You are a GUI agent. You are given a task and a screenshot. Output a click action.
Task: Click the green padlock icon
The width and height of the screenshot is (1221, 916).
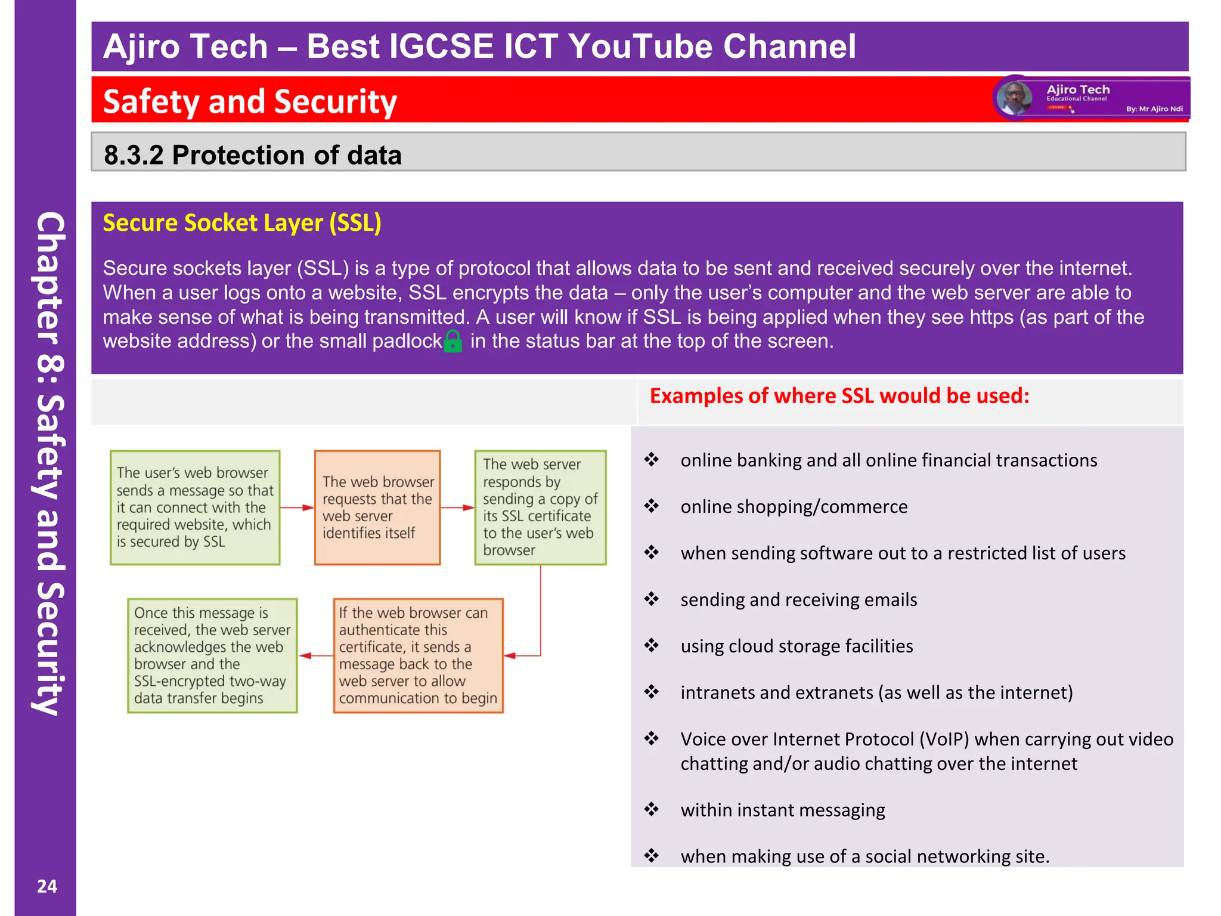(453, 341)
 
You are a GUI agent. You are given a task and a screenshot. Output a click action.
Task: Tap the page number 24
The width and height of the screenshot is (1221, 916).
(47, 886)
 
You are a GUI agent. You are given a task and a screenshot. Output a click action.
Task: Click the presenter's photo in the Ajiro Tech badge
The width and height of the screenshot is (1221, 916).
(1014, 98)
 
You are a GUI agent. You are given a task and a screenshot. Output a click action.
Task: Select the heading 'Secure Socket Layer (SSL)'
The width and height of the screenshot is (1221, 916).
(242, 223)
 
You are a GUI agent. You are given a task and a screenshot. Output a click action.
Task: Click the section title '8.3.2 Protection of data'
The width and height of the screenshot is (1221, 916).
(253, 155)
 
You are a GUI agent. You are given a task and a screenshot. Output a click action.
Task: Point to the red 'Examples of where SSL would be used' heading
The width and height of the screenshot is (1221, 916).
(839, 396)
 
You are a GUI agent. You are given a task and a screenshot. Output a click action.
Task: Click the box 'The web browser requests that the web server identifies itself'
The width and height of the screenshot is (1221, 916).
(377, 507)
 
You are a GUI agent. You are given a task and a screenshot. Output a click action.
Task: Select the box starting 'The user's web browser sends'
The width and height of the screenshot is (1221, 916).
(195, 507)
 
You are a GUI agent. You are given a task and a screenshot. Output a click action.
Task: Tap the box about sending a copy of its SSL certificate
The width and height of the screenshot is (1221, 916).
(540, 507)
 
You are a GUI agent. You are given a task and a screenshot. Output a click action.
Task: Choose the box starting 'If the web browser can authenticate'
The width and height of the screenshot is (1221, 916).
(418, 655)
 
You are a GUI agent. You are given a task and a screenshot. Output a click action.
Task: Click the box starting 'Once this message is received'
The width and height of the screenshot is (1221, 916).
(212, 655)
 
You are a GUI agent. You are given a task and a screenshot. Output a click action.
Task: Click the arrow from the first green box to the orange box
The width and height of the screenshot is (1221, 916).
(297, 507)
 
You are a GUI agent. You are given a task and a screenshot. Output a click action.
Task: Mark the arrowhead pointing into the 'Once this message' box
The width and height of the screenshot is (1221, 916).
(305, 655)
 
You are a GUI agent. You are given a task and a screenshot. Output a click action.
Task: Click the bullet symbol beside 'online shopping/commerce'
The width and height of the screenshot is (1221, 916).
(652, 506)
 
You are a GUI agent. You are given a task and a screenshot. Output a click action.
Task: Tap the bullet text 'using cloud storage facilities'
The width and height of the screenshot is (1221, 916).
(797, 646)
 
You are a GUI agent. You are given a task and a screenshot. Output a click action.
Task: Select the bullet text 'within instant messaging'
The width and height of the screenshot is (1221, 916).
(783, 810)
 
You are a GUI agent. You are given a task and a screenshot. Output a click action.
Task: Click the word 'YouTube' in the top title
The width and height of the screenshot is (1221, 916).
(641, 47)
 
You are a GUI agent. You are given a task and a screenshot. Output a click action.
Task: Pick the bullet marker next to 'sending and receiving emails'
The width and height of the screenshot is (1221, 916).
(652, 599)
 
